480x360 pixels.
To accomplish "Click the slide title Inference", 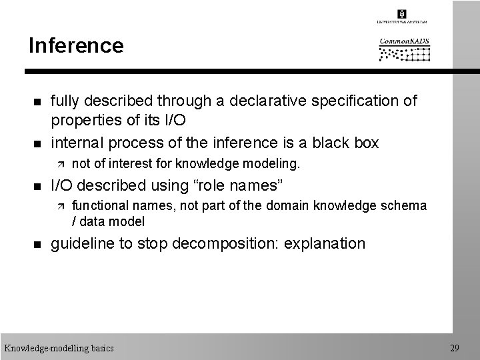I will point(76,46).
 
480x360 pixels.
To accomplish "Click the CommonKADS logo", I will point(405,49).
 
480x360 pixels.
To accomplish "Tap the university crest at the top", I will point(402,15).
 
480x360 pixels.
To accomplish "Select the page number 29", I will point(455,348).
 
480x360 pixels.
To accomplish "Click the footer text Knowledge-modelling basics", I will point(59,348).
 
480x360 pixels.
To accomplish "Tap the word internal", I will point(78,143).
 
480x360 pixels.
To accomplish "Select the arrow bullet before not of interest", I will point(61,163).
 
